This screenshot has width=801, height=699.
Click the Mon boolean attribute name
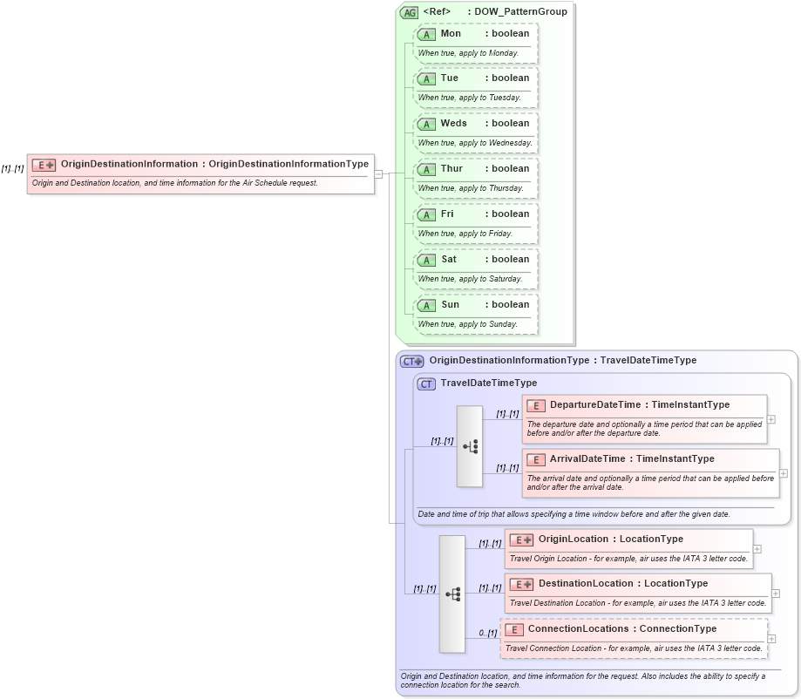(x=451, y=33)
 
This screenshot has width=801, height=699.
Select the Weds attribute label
(x=453, y=123)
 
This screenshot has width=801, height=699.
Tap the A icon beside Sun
(x=426, y=305)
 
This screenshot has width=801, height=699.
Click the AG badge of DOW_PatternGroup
(x=409, y=12)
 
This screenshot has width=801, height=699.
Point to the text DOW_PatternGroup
(x=520, y=11)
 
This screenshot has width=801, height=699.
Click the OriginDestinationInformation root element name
(x=129, y=164)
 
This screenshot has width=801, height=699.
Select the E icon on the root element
(x=44, y=165)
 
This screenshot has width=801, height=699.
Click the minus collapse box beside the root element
(x=378, y=173)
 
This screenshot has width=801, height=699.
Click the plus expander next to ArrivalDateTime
(x=783, y=473)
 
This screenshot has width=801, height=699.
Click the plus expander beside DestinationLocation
(x=775, y=594)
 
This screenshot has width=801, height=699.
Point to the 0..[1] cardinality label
(x=486, y=633)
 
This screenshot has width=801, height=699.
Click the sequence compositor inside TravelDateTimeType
(x=469, y=446)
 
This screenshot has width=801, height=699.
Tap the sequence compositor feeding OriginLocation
(x=451, y=594)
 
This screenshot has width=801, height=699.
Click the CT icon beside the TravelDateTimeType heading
(x=426, y=383)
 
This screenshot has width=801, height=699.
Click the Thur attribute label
(x=451, y=168)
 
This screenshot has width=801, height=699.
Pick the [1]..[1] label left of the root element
(x=12, y=168)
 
